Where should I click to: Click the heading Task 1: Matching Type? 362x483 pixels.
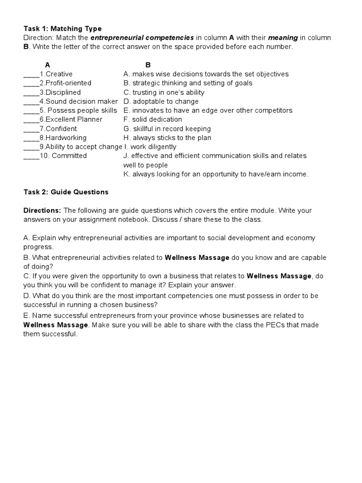(62, 29)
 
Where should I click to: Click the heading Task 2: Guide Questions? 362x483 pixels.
(66, 192)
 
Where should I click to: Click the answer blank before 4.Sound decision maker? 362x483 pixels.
(31, 101)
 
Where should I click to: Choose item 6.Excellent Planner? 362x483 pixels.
(71, 119)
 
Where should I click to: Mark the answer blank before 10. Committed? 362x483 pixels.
(31, 156)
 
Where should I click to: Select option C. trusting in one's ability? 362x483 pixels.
(164, 92)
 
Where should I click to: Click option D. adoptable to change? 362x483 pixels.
(161, 101)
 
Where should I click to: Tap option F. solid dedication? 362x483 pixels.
(152, 119)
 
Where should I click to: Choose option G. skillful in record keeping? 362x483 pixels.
(167, 129)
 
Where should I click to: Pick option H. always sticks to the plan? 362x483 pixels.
(167, 138)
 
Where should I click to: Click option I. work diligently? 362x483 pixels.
(150, 147)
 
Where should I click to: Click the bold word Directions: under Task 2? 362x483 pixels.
(42, 210)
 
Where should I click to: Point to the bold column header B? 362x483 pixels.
(148, 65)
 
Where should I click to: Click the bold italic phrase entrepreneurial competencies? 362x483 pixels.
(142, 38)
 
